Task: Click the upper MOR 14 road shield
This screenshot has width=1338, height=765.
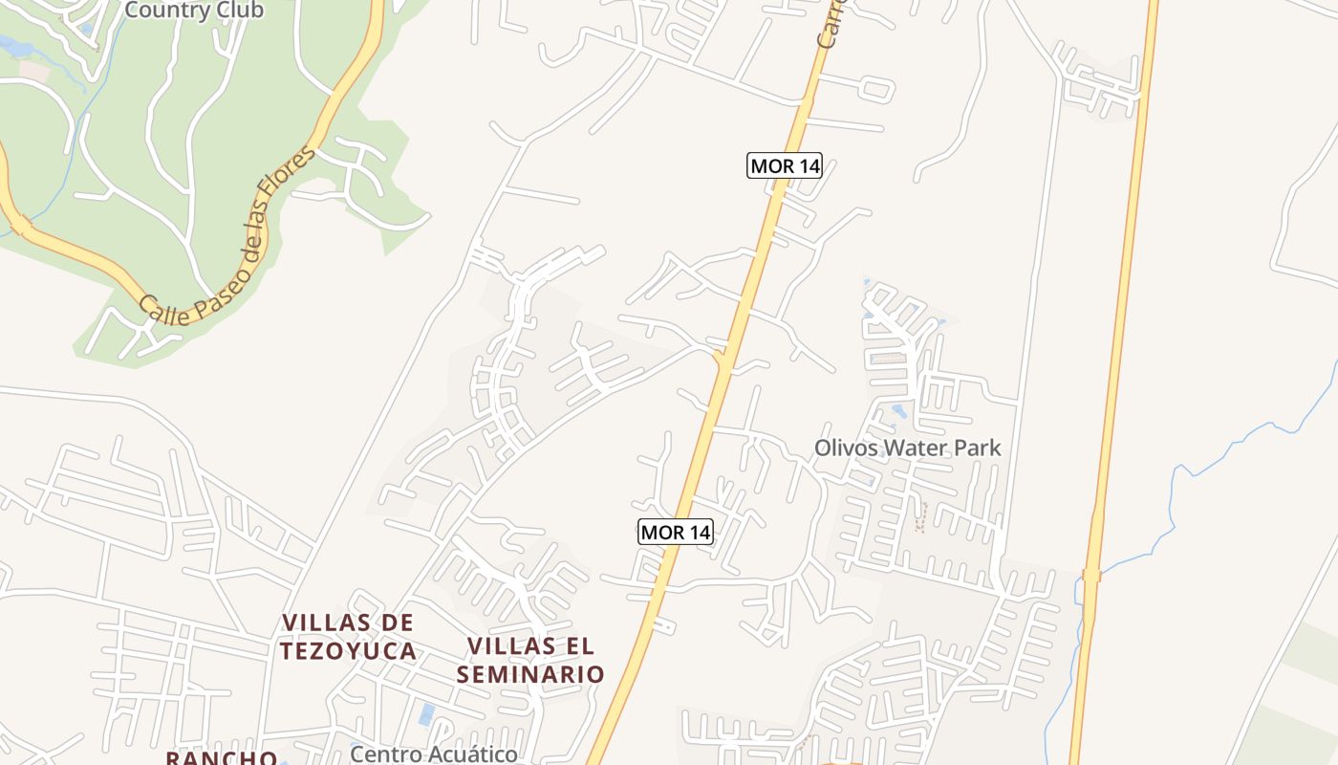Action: click(784, 165)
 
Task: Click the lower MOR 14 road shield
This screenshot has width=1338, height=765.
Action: click(675, 532)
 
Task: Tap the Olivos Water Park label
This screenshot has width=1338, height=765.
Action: click(907, 447)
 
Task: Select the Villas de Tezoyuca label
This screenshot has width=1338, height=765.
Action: click(348, 637)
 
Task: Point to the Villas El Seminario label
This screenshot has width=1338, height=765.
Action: click(530, 660)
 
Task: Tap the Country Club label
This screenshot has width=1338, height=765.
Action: click(194, 11)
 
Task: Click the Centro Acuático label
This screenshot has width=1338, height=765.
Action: click(433, 754)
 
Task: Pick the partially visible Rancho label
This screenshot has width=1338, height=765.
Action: click(221, 757)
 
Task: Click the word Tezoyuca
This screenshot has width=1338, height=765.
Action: click(348, 651)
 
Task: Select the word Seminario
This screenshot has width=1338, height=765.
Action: click(530, 674)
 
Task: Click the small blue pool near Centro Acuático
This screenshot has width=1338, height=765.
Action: click(426, 713)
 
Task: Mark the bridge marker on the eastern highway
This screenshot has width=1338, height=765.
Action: click(1091, 575)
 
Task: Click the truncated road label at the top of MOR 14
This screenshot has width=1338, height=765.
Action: click(827, 29)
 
